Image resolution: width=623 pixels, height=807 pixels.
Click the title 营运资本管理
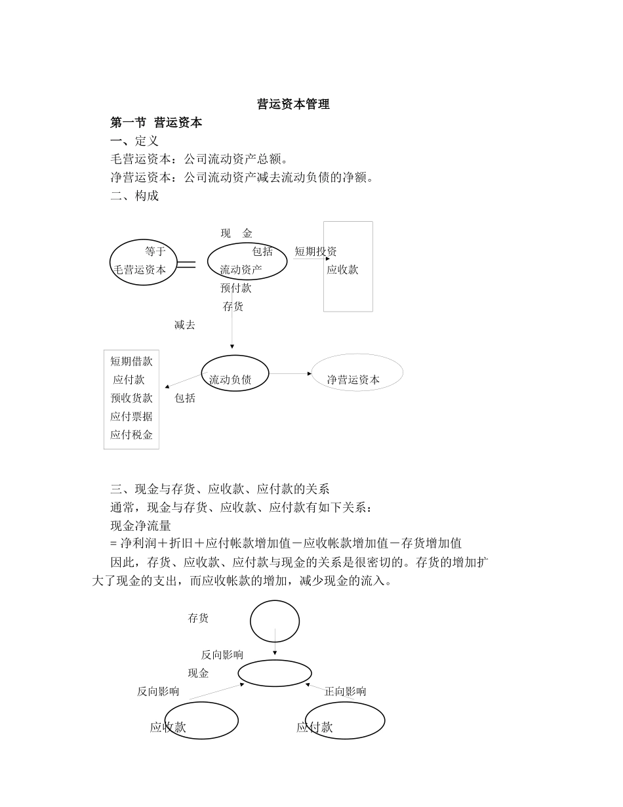(x=293, y=104)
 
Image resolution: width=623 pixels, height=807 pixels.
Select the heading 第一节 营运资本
(x=156, y=122)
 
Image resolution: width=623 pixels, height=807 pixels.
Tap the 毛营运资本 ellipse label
(x=140, y=270)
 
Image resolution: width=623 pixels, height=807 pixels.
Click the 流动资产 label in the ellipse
(x=241, y=270)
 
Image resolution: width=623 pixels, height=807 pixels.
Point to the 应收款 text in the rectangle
(x=342, y=270)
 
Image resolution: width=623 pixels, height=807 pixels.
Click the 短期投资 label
(x=315, y=251)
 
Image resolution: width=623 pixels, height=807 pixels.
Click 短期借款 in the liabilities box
(x=131, y=361)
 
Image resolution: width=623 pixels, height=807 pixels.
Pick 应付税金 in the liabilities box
(x=131, y=434)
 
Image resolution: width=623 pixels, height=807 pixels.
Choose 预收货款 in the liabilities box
(x=131, y=398)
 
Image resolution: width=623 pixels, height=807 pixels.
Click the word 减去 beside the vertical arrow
(x=184, y=325)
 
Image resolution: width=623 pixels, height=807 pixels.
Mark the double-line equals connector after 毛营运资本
(x=186, y=264)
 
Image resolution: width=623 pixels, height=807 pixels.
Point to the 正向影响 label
(x=345, y=691)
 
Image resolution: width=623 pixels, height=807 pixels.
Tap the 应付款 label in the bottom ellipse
(x=315, y=727)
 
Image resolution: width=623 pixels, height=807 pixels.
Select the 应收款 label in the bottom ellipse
(x=168, y=727)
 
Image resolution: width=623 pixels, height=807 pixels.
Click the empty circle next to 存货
(x=275, y=621)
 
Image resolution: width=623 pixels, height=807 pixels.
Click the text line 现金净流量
(x=140, y=525)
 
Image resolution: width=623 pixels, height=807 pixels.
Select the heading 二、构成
(x=134, y=196)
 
